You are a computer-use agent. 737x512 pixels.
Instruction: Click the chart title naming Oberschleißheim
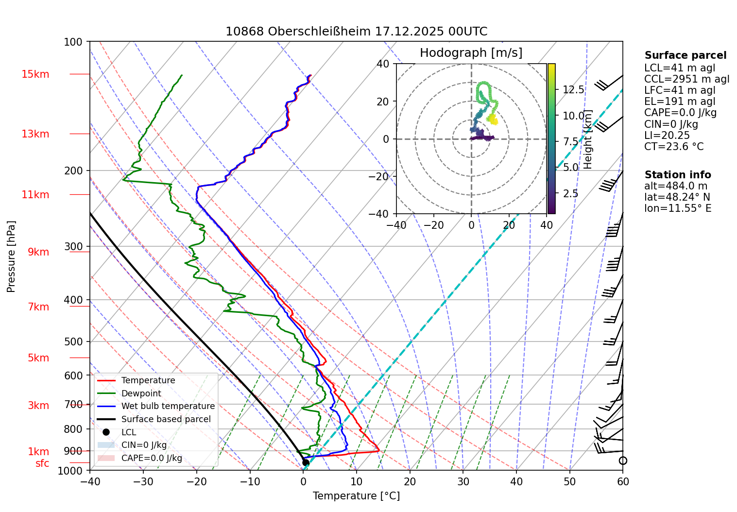click(x=356, y=32)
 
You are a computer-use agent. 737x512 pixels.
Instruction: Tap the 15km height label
click(x=35, y=74)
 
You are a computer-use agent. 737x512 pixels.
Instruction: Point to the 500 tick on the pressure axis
click(x=73, y=341)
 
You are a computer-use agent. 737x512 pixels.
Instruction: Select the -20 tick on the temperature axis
click(x=196, y=481)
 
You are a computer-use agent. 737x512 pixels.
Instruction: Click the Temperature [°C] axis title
click(x=356, y=496)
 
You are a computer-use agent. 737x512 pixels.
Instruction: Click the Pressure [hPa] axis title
click(x=11, y=256)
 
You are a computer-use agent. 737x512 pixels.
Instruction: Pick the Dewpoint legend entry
click(x=141, y=393)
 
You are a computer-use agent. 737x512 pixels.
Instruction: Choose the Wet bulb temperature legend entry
click(x=168, y=406)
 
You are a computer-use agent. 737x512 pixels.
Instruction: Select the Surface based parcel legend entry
click(x=166, y=419)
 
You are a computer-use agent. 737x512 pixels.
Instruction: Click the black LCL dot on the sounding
click(x=306, y=462)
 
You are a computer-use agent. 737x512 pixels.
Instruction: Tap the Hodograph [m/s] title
click(x=471, y=53)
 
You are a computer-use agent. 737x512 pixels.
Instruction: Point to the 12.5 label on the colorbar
click(x=573, y=90)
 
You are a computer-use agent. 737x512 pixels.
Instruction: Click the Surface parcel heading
click(x=685, y=55)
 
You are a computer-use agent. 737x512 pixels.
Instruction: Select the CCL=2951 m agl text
click(x=686, y=79)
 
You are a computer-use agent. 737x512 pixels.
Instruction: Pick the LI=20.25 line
click(x=667, y=136)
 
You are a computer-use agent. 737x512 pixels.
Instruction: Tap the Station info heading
click(x=677, y=175)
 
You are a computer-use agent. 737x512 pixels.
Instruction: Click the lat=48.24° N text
click(x=677, y=197)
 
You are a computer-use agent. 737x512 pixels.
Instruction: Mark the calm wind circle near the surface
click(x=623, y=461)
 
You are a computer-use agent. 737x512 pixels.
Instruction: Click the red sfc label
click(x=42, y=464)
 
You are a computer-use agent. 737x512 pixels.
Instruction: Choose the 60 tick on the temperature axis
click(x=622, y=481)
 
